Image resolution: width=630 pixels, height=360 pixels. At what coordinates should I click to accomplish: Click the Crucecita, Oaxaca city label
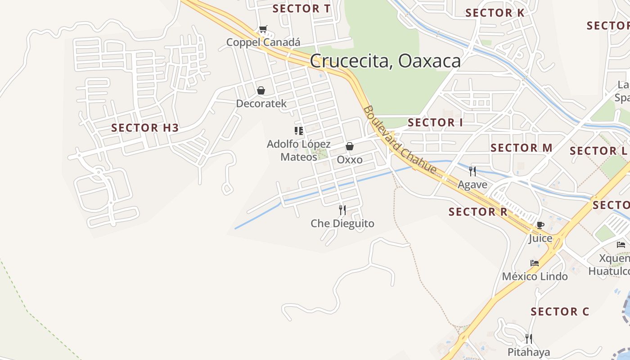385,61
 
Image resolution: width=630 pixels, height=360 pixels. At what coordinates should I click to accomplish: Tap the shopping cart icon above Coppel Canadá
263,29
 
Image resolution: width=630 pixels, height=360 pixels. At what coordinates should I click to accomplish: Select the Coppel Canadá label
263,42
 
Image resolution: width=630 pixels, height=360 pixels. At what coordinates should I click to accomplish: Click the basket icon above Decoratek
261,91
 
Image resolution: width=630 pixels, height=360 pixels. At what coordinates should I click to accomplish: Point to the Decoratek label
261,103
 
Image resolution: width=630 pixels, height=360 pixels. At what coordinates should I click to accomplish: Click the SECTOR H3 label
145,128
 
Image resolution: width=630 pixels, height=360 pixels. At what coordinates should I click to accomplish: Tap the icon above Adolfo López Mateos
299,131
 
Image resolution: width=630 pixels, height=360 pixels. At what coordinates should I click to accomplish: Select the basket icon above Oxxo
350,146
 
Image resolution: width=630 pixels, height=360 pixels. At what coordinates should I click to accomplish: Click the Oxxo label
350,160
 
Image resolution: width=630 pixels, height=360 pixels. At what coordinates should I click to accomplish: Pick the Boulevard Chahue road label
400,139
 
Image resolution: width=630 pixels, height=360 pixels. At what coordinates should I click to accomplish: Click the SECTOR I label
435,122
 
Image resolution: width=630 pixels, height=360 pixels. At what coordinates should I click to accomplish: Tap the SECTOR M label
522,148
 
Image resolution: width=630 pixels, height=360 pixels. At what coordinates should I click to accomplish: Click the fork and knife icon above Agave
472,171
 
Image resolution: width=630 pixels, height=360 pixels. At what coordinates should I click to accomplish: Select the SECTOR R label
478,211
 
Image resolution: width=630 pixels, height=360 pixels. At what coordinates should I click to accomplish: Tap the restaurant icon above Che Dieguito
342,210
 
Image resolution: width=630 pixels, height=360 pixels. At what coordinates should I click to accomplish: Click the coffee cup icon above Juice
540,225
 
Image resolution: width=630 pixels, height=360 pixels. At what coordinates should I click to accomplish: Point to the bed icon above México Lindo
535,263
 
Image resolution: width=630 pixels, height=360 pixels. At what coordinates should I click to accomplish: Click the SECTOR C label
560,311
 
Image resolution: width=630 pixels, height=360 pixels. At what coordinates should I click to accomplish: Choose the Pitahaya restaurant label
529,352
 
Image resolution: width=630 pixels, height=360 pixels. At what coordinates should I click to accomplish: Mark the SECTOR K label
495,13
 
